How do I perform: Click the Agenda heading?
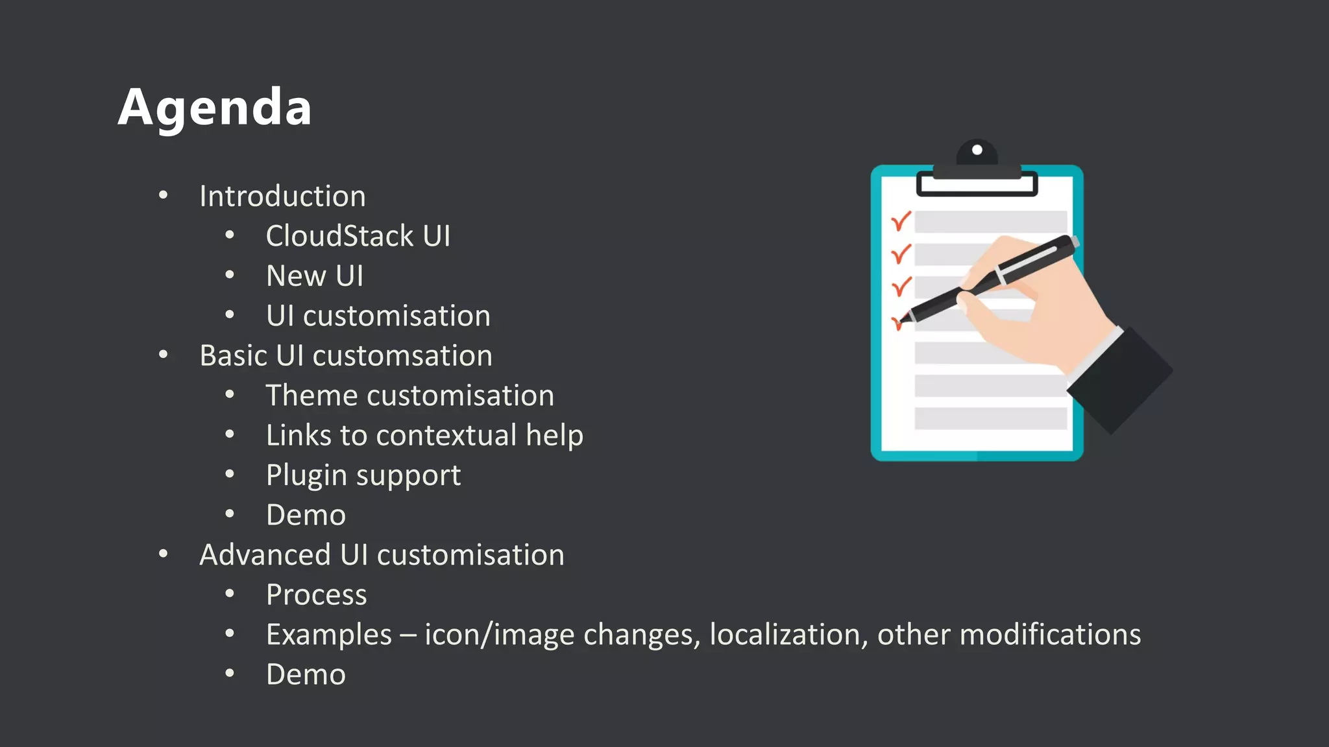click(x=215, y=108)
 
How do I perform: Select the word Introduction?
click(x=282, y=196)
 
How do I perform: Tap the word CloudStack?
click(x=339, y=236)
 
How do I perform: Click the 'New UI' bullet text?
click(x=315, y=276)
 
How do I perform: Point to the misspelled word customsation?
click(x=402, y=356)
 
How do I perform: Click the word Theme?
click(x=311, y=396)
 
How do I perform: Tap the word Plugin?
click(x=306, y=476)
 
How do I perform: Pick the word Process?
click(x=317, y=595)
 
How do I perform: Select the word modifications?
click(x=1050, y=635)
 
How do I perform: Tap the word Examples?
click(x=329, y=635)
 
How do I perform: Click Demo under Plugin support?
click(x=306, y=516)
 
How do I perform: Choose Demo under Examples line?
click(x=306, y=675)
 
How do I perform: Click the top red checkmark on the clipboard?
click(x=901, y=222)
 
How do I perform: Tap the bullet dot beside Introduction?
click(x=164, y=195)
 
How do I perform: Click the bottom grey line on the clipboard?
click(x=990, y=418)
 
